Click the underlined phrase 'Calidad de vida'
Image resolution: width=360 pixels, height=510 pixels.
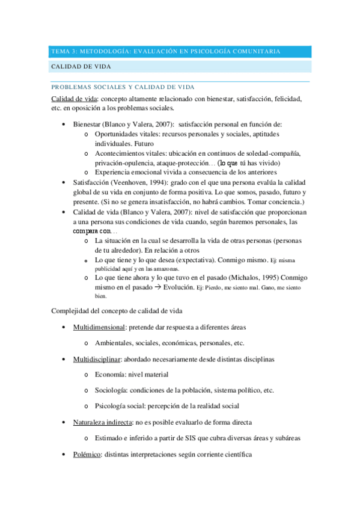tap(74, 98)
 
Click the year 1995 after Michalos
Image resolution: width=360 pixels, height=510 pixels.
tap(255, 278)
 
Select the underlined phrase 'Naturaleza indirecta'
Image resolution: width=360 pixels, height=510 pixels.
tap(103, 422)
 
